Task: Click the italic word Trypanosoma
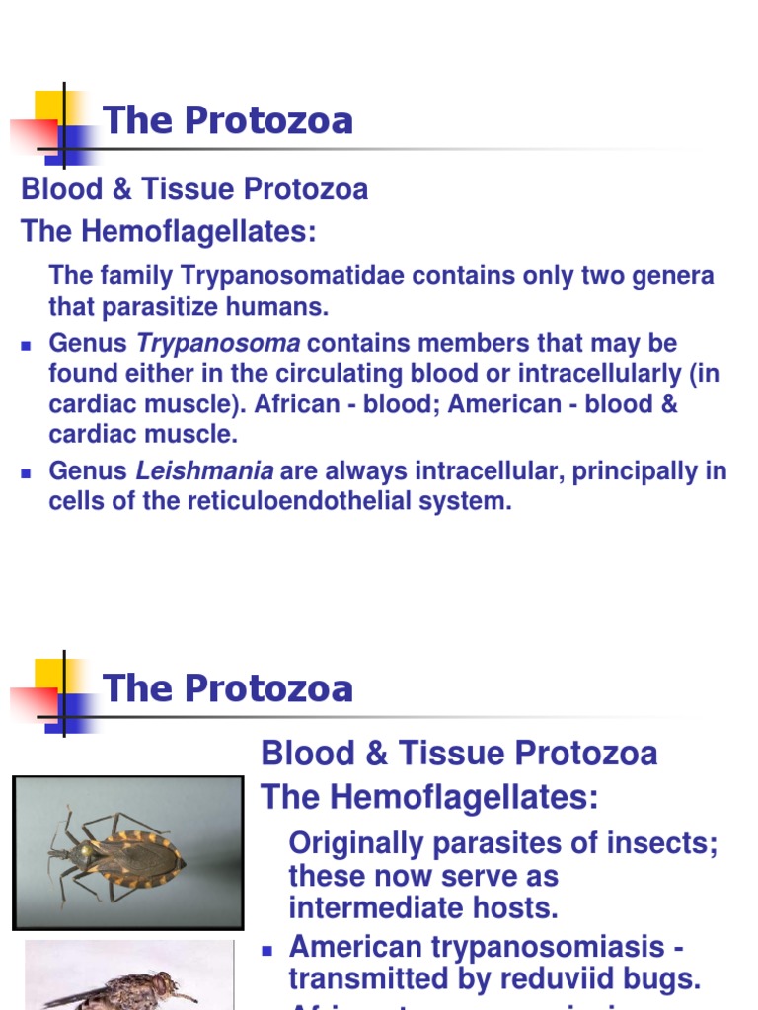click(x=217, y=344)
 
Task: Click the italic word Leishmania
click(x=204, y=471)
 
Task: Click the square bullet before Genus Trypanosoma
click(x=27, y=346)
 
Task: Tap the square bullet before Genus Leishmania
click(x=27, y=473)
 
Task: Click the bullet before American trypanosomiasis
click(x=266, y=950)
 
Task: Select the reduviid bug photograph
click(x=127, y=852)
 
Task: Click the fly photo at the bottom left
click(x=128, y=976)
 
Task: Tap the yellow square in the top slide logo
click(x=49, y=106)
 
